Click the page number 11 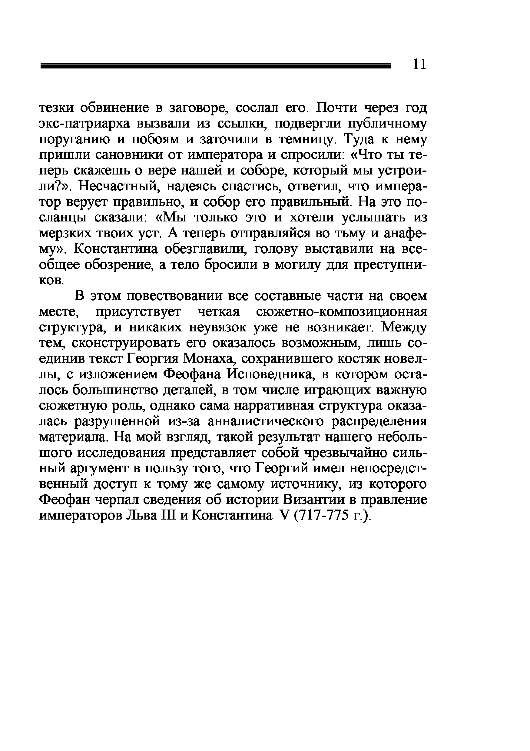(419, 64)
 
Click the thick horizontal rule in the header (216, 66)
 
